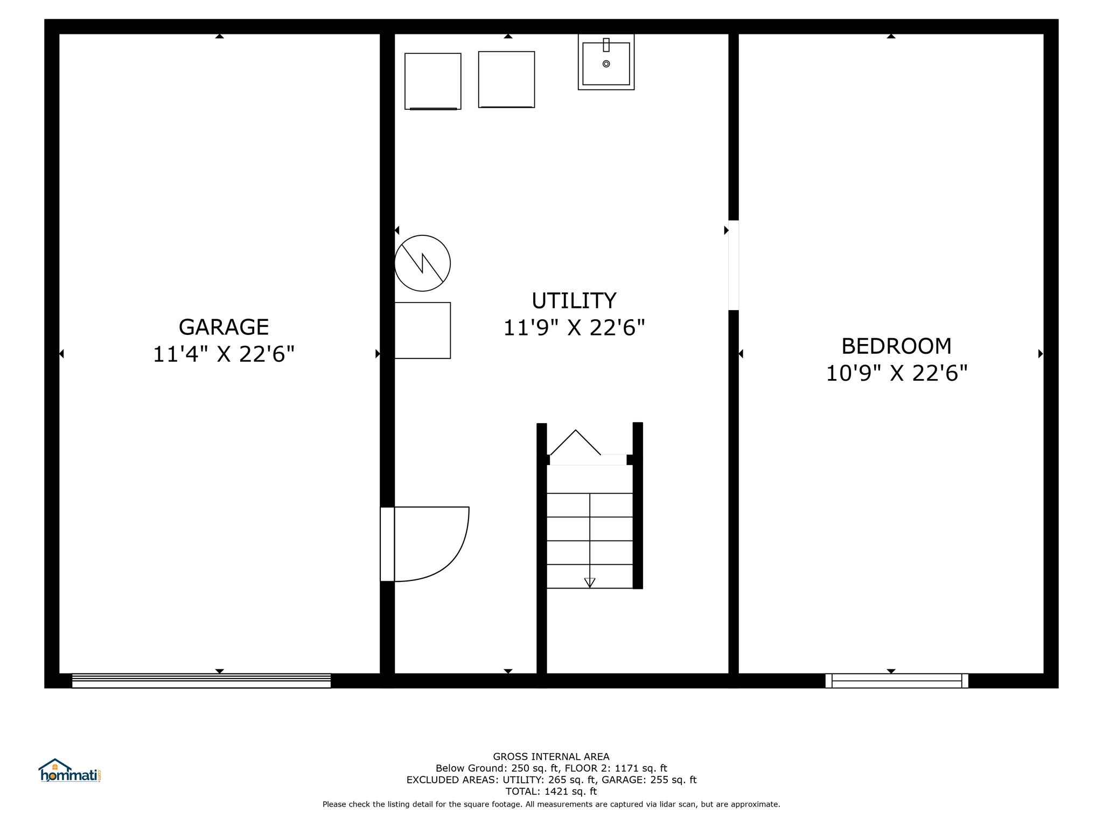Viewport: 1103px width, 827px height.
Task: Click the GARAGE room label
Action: coord(224,327)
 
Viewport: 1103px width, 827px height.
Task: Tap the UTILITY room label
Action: coord(574,300)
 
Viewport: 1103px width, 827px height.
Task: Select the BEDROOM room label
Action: coord(896,346)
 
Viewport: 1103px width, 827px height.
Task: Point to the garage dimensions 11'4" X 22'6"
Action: coord(224,354)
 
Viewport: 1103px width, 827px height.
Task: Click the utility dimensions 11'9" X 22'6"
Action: coord(574,328)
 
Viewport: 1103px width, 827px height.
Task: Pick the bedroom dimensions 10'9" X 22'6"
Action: coord(897,373)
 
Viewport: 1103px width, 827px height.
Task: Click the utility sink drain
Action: coord(606,64)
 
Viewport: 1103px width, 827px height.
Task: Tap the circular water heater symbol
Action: coord(422,263)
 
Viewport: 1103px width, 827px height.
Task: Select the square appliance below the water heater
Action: coord(422,331)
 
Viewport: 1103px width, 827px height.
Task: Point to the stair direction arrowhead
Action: coord(590,583)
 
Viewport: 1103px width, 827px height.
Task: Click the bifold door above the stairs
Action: coord(575,443)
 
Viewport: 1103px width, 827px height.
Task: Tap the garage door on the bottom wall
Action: coord(201,681)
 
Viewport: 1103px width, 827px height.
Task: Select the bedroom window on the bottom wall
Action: coord(897,681)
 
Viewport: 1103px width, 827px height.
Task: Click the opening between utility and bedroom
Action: coord(733,265)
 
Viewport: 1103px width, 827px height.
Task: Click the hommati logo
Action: coord(70,770)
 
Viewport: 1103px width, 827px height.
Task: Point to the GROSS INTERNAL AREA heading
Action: coord(551,756)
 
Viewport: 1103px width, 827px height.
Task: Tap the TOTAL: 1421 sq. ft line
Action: coord(551,791)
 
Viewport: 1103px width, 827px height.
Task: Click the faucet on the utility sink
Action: coord(606,45)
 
